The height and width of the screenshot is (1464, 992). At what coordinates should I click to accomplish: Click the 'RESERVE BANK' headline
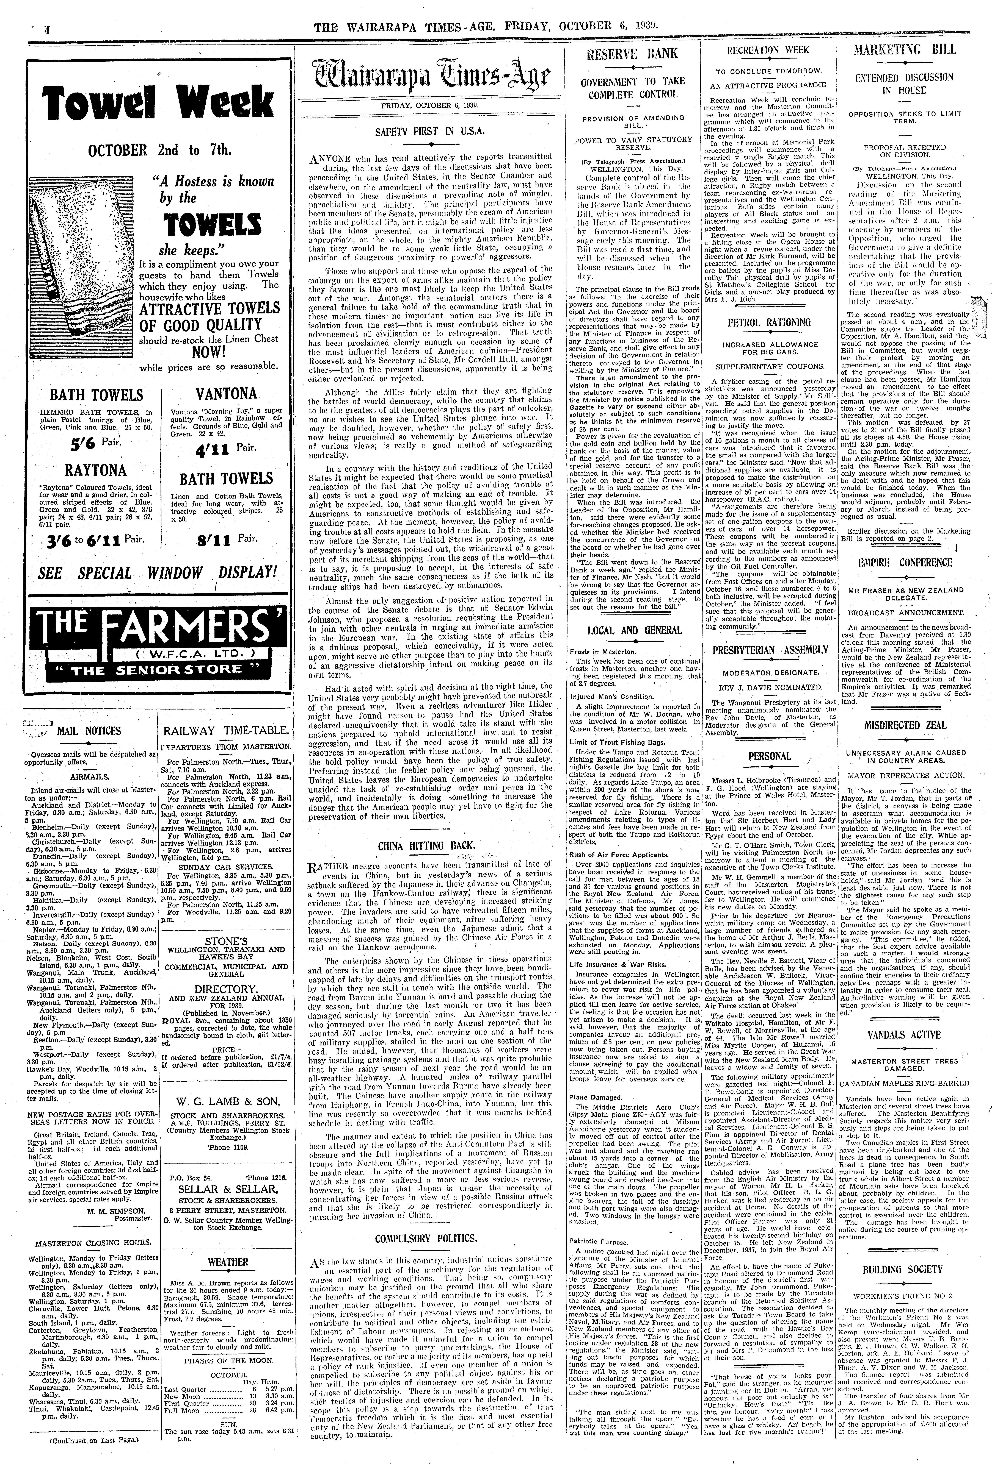[x=632, y=54]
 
